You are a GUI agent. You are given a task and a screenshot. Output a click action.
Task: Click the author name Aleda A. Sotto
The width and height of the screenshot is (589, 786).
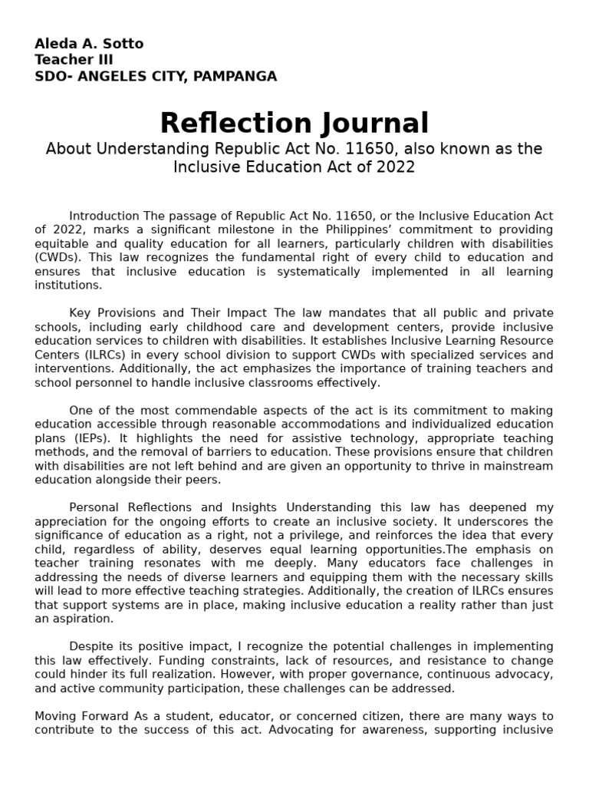89,44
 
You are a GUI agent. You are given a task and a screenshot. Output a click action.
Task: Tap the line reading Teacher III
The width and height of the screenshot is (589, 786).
74,60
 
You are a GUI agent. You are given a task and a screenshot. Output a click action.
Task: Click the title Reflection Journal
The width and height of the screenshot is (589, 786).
294,123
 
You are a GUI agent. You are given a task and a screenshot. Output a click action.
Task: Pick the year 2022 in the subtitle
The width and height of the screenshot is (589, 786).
396,167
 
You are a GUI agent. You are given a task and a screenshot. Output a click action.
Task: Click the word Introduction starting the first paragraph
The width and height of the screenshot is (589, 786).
104,216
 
